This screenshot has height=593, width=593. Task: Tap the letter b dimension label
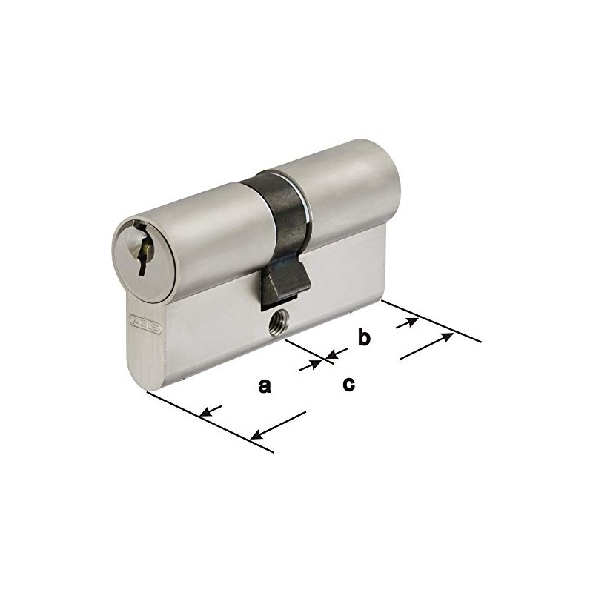coord(363,338)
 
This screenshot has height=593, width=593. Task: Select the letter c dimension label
coord(348,384)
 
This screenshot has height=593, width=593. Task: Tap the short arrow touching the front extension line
coord(212,411)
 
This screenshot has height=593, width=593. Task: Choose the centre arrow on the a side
coord(314,364)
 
